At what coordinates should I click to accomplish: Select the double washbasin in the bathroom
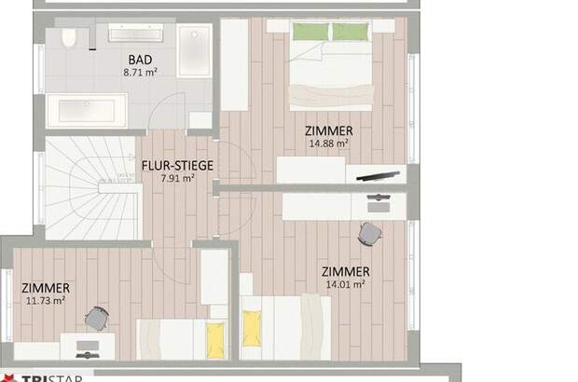136,33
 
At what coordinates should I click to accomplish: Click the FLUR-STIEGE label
176,166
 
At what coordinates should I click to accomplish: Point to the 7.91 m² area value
176,178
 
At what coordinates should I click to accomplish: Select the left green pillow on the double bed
310,32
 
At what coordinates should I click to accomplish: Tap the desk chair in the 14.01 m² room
370,233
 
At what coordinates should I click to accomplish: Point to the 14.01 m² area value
345,284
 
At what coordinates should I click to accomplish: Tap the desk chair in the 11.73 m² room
97,319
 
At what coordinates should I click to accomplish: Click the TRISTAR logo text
37,376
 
